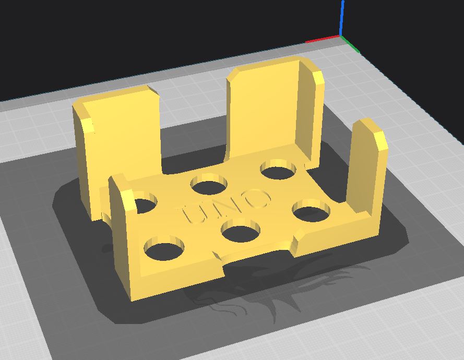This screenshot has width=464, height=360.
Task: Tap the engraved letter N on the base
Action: pos(225,206)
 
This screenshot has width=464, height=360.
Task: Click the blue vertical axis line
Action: pos(342,18)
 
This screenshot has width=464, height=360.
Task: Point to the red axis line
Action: pos(323,40)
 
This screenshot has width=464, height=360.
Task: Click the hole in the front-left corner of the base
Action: pos(164,248)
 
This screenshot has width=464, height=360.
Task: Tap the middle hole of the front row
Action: pos(241,231)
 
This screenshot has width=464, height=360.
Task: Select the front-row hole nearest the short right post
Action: pos(311,211)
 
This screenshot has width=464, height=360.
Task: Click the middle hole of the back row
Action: pos(209,185)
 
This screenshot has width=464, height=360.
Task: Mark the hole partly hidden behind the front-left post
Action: pos(145,204)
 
